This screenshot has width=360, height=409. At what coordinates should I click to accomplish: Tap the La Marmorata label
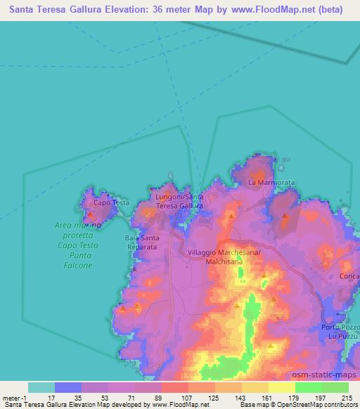271,183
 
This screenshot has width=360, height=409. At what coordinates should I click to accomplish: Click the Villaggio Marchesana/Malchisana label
224,256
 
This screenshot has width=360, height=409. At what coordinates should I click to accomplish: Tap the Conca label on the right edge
349,276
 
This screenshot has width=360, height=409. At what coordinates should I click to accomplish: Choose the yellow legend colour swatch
282,387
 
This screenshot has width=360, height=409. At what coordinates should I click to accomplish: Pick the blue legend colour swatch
68,387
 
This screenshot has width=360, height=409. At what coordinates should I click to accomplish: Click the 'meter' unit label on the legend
12,398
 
